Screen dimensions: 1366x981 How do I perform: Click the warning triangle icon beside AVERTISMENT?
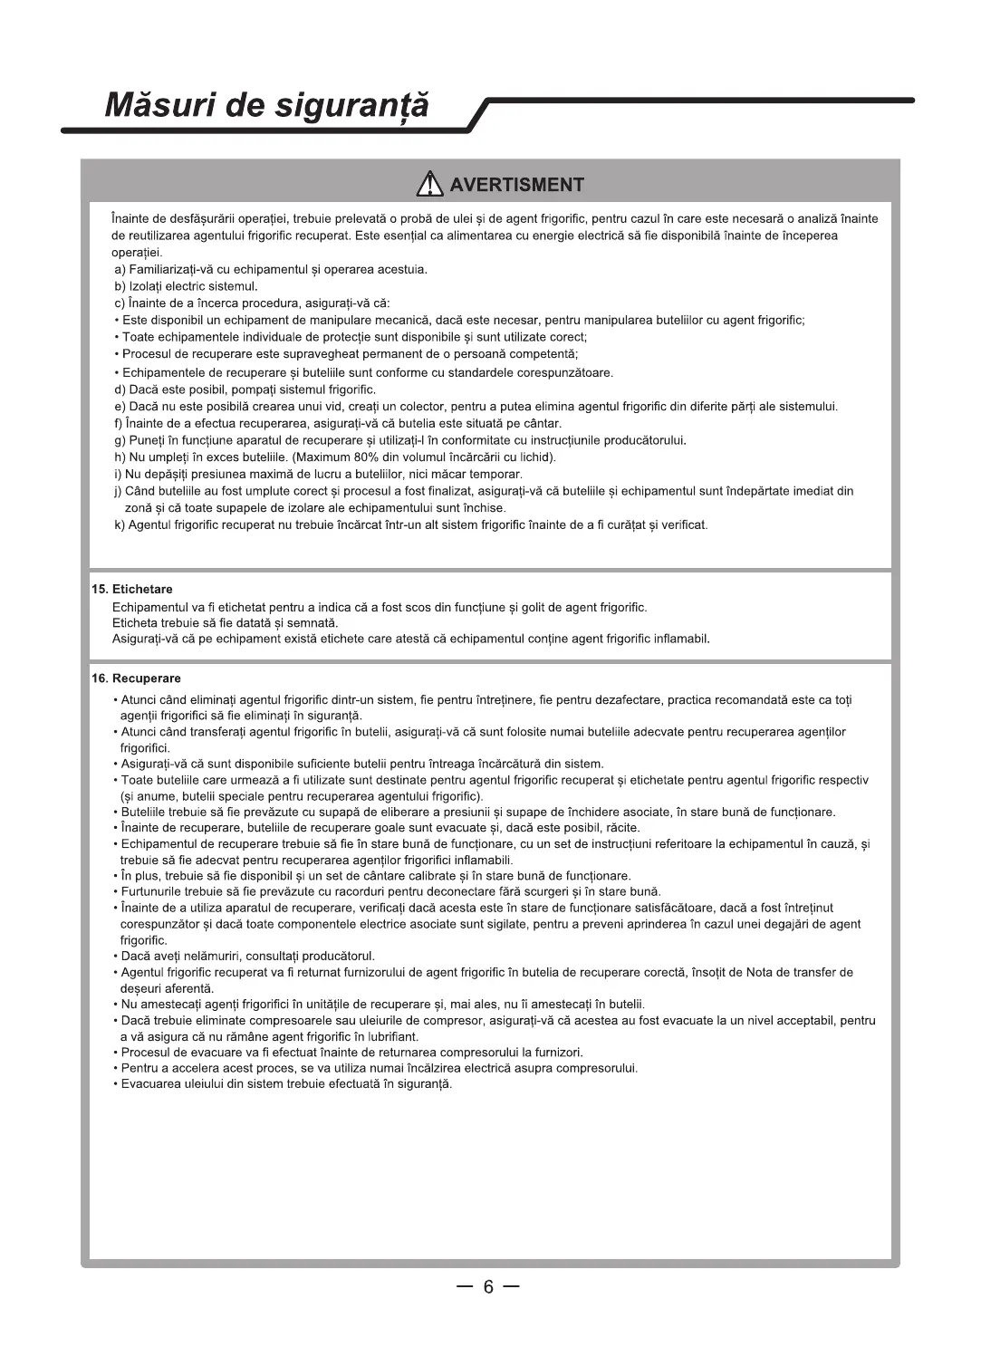pos(429,185)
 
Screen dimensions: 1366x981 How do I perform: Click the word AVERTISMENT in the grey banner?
pos(517,186)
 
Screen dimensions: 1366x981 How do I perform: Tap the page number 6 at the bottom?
pos(488,1287)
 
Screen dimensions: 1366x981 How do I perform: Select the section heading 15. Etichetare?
pos(132,590)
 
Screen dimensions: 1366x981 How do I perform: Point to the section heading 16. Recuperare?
pos(136,678)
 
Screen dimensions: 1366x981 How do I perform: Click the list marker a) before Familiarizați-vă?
pos(120,270)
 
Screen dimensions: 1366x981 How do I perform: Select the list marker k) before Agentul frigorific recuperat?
pos(120,525)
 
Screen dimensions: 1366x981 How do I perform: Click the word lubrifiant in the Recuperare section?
pos(393,1036)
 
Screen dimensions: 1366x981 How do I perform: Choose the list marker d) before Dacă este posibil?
pos(120,390)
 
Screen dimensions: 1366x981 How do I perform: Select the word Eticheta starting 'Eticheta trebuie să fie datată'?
pos(135,623)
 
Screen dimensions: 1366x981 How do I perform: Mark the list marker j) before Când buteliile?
pos(118,491)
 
